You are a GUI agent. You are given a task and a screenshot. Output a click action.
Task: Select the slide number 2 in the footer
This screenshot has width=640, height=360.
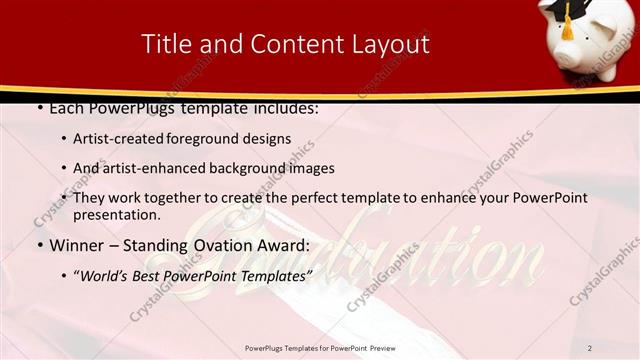pyautogui.click(x=590, y=348)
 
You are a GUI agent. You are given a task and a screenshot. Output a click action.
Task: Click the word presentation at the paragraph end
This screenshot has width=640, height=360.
pyautogui.click(x=117, y=214)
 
